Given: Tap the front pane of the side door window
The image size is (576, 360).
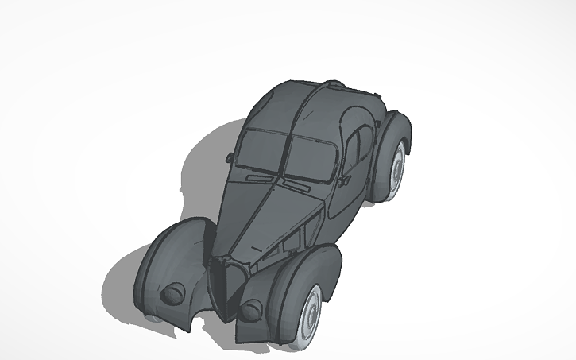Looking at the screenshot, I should pyautogui.click(x=352, y=151).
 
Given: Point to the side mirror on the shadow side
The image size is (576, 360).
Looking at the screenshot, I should pyautogui.click(x=230, y=157).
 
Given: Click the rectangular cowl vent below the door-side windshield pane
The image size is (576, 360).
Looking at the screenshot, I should pyautogui.click(x=296, y=188).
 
